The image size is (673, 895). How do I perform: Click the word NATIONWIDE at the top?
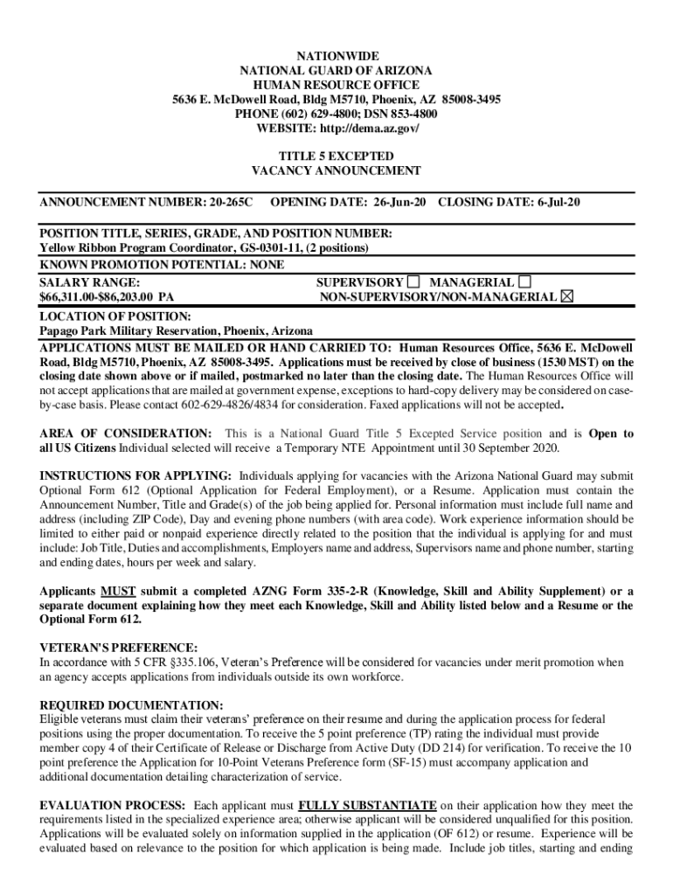[336, 55]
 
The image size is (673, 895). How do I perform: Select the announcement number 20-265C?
[231, 202]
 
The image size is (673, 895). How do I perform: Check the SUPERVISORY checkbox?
[413, 282]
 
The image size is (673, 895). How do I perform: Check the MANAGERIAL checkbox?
[524, 282]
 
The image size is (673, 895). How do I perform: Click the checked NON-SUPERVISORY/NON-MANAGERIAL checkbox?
[567, 297]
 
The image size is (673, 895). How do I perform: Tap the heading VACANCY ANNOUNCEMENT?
[336, 171]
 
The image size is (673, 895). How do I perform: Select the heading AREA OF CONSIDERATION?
[125, 434]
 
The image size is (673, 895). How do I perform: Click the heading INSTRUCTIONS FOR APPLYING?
[135, 475]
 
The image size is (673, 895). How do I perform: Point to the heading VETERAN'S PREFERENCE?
[119, 648]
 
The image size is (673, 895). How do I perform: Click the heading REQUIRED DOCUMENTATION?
[131, 704]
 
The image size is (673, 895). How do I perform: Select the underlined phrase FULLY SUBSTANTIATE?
[367, 805]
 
